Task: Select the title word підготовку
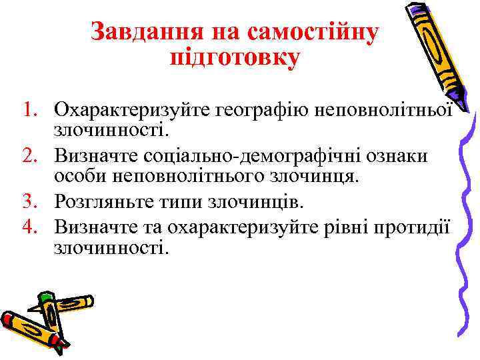pyautogui.click(x=235, y=57)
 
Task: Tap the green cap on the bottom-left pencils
pyautogui.click(x=45, y=297)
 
